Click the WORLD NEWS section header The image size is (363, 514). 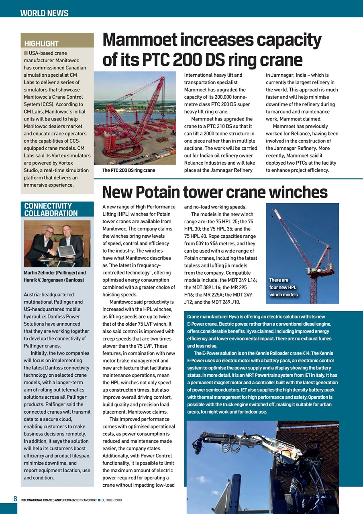[44, 13]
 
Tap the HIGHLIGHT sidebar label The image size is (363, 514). [41, 43]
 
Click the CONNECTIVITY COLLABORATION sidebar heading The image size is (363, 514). [51, 210]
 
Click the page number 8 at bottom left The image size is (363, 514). [15, 499]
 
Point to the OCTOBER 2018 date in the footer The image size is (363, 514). [112, 500]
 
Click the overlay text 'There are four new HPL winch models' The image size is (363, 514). [283, 288]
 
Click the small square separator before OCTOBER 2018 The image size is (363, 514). [99, 500]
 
